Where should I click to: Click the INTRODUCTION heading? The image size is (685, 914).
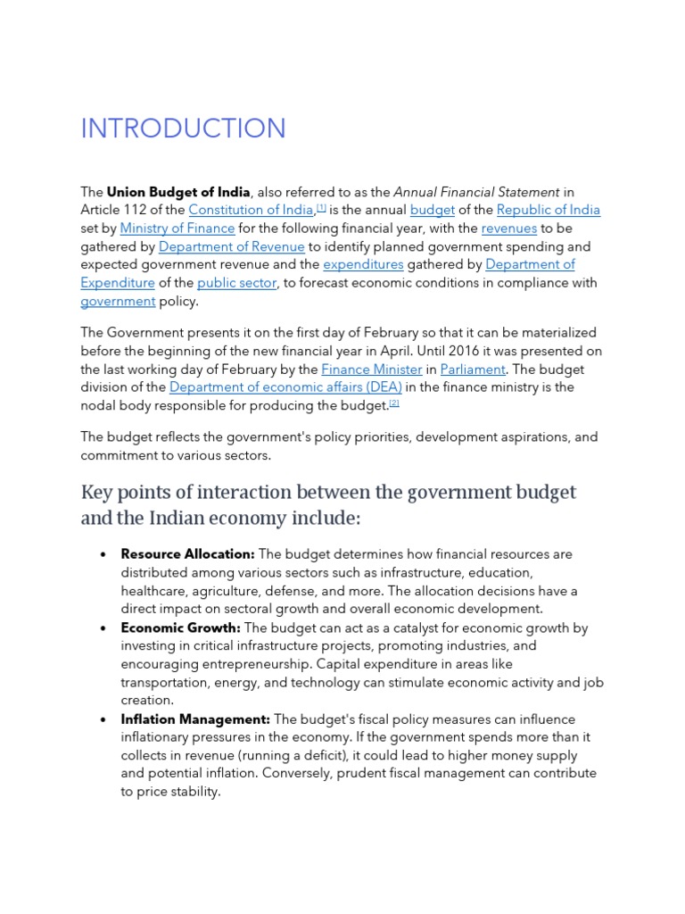[x=183, y=129]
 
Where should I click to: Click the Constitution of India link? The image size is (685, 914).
[x=251, y=210]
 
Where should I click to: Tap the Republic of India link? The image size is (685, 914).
[x=548, y=210]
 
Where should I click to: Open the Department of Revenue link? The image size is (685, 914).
[x=231, y=246]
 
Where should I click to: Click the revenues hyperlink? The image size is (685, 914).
[x=509, y=228]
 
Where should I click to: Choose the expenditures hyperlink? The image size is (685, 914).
[x=363, y=264]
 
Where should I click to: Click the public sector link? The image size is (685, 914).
[x=236, y=283]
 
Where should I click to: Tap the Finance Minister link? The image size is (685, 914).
[x=371, y=369]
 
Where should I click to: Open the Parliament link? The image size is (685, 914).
[x=473, y=369]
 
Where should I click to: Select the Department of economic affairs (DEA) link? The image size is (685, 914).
[x=285, y=387]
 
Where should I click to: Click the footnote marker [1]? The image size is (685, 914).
[x=321, y=207]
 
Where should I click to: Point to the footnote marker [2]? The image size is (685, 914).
[x=394, y=403]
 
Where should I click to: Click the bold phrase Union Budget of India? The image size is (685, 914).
[x=178, y=192]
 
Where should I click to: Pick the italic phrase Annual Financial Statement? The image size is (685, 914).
[x=476, y=192]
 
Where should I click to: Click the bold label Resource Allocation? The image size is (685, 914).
[x=187, y=554]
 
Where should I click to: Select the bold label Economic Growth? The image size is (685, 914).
[x=180, y=627]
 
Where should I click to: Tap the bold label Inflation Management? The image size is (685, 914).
[x=195, y=719]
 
